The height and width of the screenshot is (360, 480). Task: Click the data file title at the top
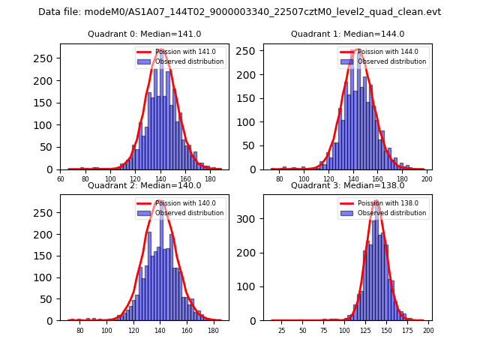(239, 12)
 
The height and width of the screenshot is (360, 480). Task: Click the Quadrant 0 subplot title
(144, 34)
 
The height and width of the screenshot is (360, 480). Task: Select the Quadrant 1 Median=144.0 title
(347, 34)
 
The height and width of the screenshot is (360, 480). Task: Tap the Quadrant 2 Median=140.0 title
(144, 185)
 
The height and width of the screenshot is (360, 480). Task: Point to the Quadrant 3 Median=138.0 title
(347, 185)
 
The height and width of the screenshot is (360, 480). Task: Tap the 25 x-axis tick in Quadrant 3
(282, 331)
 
